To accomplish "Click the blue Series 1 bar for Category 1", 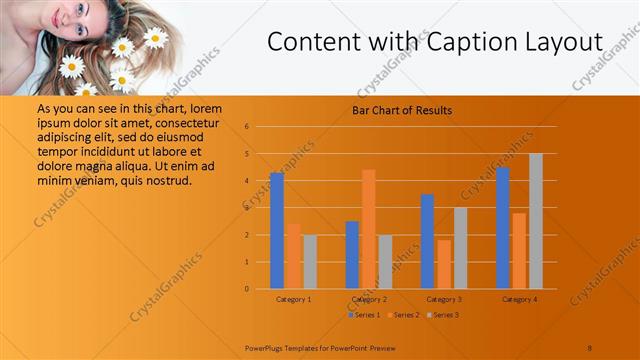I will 277,230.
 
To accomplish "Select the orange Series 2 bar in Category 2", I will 368,229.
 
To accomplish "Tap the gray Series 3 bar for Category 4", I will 536,221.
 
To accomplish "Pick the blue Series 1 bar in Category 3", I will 428,241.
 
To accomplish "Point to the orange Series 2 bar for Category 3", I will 444,264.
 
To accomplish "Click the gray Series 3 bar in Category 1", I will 310,262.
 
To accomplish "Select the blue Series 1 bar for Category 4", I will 503,228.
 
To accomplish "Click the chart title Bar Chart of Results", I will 402,110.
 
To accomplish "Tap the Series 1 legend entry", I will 364,315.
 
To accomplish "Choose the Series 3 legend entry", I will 443,315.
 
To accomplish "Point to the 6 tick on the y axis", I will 247,127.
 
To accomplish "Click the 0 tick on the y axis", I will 247,289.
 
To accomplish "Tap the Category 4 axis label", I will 520,299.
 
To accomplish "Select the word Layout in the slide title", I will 558,43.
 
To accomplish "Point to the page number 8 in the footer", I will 590,347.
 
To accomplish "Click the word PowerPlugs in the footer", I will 266,347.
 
